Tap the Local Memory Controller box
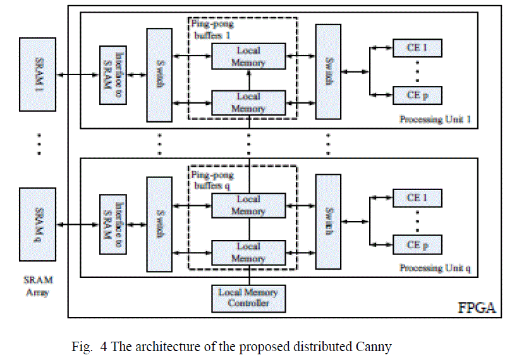(248, 297)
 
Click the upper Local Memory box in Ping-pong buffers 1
(248, 56)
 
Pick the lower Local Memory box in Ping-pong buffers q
(248, 252)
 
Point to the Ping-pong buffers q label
(212, 180)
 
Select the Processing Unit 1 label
(436, 119)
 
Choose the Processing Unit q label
(436, 268)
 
